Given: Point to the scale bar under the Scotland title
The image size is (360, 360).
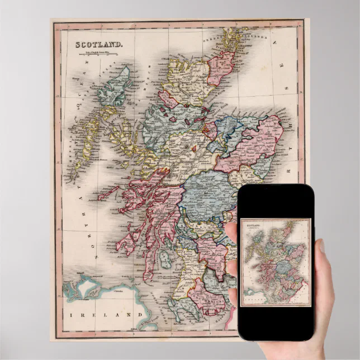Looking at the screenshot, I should click(x=100, y=54).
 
